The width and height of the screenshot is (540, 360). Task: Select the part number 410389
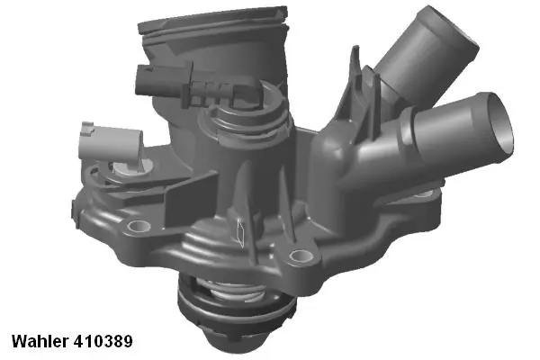pos(107,342)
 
